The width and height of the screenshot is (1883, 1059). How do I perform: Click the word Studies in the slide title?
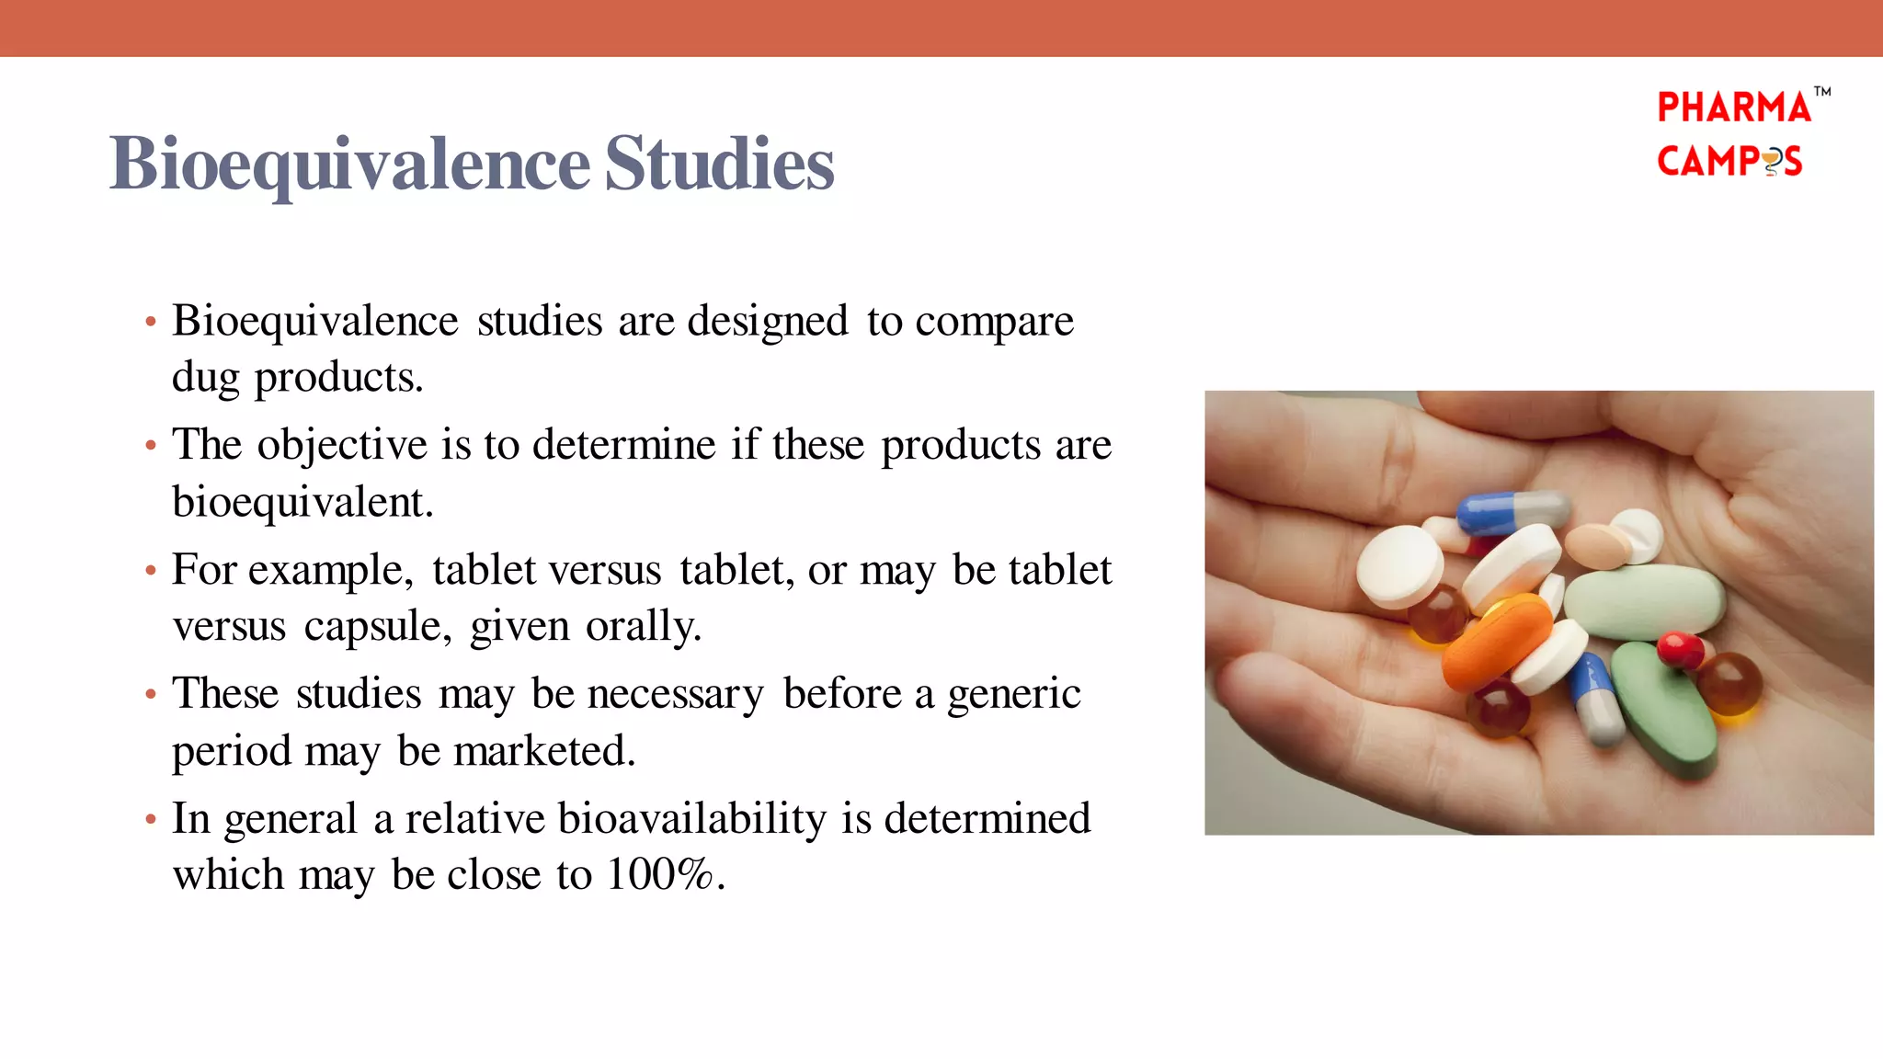719,164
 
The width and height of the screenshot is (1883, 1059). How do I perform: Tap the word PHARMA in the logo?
1733,108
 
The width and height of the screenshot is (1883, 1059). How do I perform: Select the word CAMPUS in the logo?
1729,161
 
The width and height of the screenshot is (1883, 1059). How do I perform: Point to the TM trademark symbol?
1821,91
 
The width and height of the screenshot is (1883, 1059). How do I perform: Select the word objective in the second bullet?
342,445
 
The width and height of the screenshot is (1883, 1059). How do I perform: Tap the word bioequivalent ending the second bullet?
302,502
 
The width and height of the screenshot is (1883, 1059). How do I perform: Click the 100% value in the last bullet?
659,874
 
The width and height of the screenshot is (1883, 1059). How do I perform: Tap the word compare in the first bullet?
994,321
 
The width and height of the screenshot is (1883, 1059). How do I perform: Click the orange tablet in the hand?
1497,642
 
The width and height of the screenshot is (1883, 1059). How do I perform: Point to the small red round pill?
1681,649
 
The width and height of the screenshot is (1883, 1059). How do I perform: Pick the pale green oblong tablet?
1643,601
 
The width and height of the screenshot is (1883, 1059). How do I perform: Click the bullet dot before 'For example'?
151,571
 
